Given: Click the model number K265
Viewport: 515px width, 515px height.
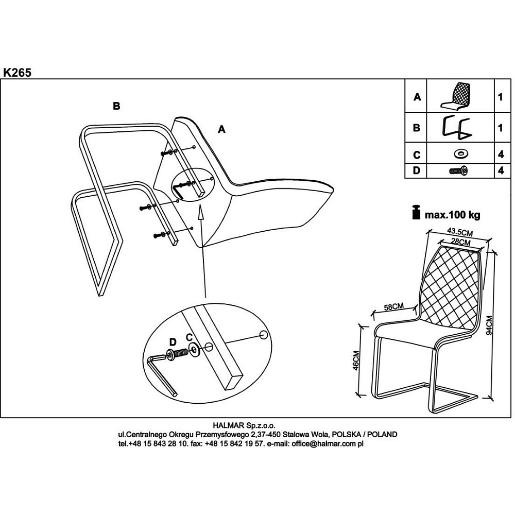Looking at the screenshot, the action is coord(18,73).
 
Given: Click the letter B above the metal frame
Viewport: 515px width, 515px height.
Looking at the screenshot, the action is coord(116,106).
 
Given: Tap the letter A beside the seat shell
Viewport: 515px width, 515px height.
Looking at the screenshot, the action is coord(221,129).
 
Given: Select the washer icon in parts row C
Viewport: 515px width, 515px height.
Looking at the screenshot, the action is coord(460,153).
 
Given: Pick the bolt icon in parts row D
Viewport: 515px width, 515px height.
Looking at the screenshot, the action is coord(459,171).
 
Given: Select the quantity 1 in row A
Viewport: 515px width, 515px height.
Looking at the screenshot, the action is coord(500,97).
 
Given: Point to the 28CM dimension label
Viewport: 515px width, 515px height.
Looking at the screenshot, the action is coord(460,242).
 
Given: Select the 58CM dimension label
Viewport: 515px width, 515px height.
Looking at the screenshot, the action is coord(394,306).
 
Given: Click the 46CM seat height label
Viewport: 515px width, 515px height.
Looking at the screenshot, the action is coord(356,360).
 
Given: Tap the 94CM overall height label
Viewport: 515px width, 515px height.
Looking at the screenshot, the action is coord(489,325).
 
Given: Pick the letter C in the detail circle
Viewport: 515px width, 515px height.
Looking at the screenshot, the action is coord(189,337).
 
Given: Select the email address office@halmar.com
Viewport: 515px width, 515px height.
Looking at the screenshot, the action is coord(328,444).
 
